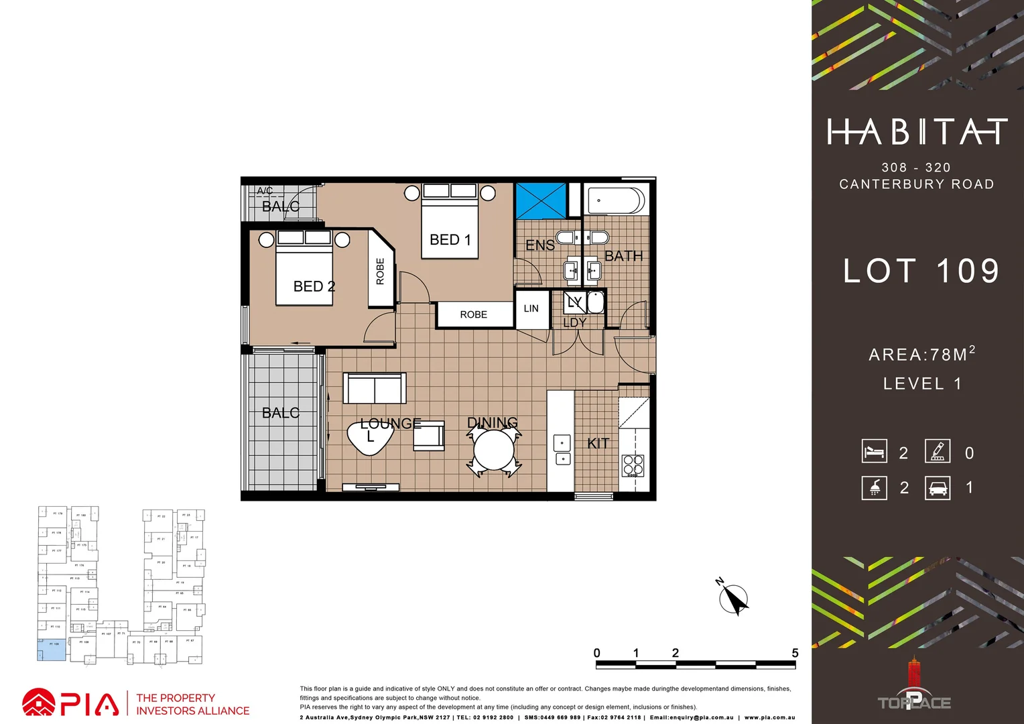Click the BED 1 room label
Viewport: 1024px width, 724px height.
pos(450,240)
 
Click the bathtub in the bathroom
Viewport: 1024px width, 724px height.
pos(616,200)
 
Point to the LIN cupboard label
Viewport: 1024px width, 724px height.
pos(531,309)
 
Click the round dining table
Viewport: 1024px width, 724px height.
pos(494,450)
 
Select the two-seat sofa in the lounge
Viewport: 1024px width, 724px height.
pos(375,388)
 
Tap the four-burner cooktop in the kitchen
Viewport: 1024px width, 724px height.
pos(633,465)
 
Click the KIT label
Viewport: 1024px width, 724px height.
pos(598,444)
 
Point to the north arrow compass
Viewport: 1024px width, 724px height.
pos(734,599)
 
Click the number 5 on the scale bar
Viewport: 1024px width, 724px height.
pos(795,654)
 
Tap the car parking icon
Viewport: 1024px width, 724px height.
pos(938,488)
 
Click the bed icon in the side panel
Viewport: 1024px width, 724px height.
pos(875,451)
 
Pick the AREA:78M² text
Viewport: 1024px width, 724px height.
pos(921,354)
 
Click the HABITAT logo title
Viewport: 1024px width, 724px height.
pos(917,132)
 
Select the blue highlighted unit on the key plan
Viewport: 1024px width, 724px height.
pos(52,650)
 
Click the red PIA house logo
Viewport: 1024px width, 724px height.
pos(39,703)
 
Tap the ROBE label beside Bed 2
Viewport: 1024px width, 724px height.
pos(381,271)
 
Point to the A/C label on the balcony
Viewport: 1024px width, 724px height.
pos(265,191)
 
